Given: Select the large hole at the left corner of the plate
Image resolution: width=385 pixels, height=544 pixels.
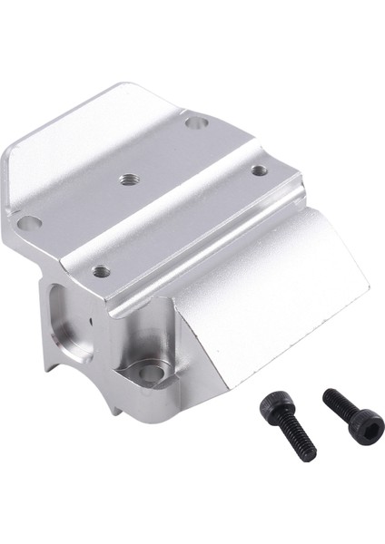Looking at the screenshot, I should [x=31, y=220].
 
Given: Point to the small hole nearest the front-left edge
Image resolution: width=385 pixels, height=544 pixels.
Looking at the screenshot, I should [x=102, y=270].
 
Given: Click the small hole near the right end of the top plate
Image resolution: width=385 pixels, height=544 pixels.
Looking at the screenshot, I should [x=259, y=170].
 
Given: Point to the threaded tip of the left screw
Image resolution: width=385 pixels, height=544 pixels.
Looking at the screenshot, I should [x=310, y=452].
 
